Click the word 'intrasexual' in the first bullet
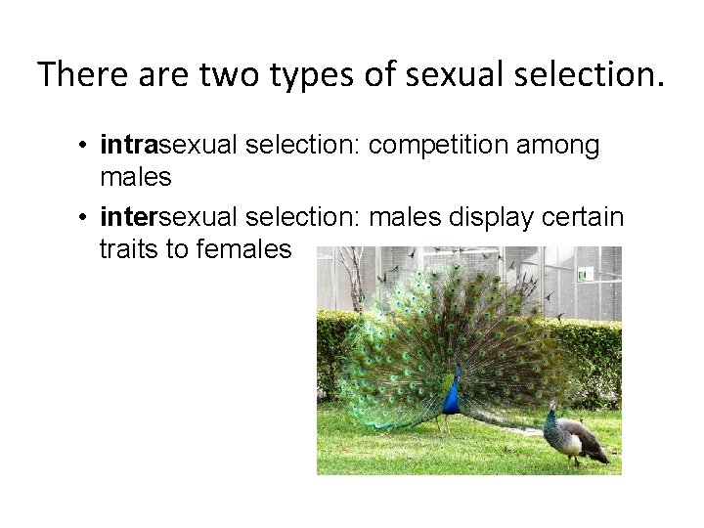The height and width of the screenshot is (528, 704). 171,147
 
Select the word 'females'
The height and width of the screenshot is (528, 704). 240,249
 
